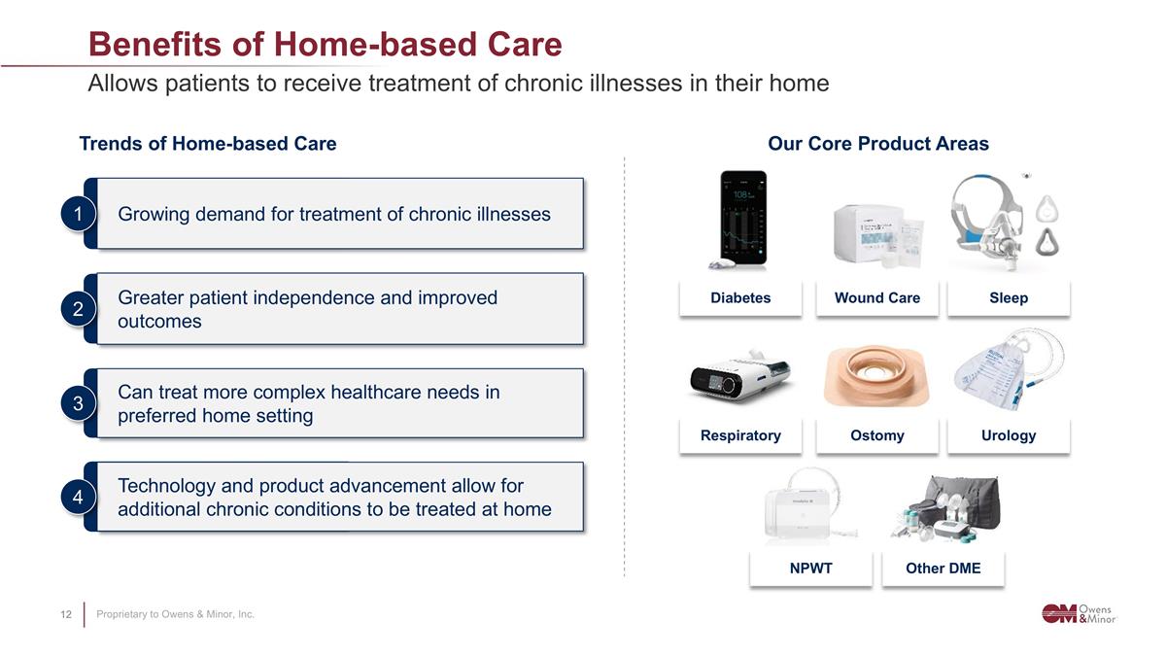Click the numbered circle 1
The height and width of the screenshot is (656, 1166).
pos(78,214)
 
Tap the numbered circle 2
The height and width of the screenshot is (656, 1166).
pos(78,309)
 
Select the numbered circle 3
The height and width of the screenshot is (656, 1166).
pos(78,403)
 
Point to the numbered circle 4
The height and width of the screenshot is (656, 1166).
pos(78,497)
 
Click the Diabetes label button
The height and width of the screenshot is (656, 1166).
pos(740,297)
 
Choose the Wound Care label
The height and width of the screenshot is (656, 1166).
pos(877,297)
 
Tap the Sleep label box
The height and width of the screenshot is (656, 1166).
pos(1009,297)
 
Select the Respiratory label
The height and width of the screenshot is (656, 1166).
pos(740,435)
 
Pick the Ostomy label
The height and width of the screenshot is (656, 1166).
pos(877,435)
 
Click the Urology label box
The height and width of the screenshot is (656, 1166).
pos(1009,435)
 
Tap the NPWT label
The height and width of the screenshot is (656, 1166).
pos(811,568)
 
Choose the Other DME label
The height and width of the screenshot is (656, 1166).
pos(943,568)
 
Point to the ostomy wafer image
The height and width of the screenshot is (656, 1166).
pos(876,376)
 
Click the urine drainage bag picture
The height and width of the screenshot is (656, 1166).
pos(1008,370)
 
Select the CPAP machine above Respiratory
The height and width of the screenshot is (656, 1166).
pos(740,377)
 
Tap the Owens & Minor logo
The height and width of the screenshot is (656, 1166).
pos(1079,614)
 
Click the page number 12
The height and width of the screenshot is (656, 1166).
pos(66,614)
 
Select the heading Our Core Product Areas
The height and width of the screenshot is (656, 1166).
pos(878,144)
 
